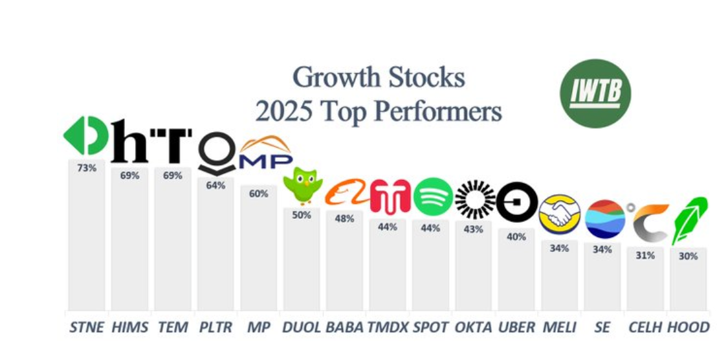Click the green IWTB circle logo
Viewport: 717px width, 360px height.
595,93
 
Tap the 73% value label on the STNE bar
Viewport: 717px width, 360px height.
87,168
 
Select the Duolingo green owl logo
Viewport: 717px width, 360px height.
302,185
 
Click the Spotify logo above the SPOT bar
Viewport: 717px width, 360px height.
433,197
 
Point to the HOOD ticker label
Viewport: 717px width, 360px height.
688,327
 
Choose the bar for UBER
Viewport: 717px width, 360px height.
516,269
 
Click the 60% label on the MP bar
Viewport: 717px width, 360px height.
258,194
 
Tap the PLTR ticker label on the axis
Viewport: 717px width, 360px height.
215,327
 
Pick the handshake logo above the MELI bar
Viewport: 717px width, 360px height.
559,214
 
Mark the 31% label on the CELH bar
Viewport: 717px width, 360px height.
645,255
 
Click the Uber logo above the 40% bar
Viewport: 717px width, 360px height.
517,202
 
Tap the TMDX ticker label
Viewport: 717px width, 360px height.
388,327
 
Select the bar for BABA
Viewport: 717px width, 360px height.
344,261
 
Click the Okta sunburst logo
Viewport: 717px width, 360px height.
475,199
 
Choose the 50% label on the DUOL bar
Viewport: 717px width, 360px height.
302,215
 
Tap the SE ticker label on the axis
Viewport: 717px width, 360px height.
602,327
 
